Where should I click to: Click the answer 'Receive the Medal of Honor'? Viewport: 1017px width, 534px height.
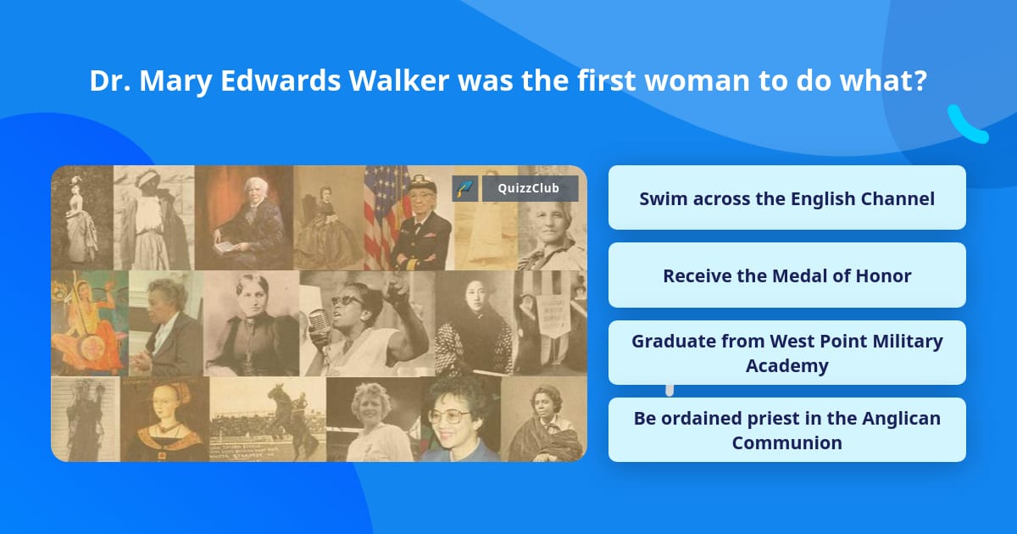[786, 275]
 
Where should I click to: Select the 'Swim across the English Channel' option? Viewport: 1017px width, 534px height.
[786, 198]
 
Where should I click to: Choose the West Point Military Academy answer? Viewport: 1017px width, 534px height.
[786, 353]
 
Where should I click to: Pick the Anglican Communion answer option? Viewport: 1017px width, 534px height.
[786, 430]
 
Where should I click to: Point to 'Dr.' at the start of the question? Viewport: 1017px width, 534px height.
[109, 81]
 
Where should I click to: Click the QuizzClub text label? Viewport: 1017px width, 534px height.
[530, 188]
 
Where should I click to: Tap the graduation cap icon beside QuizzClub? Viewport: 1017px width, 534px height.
[464, 188]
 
